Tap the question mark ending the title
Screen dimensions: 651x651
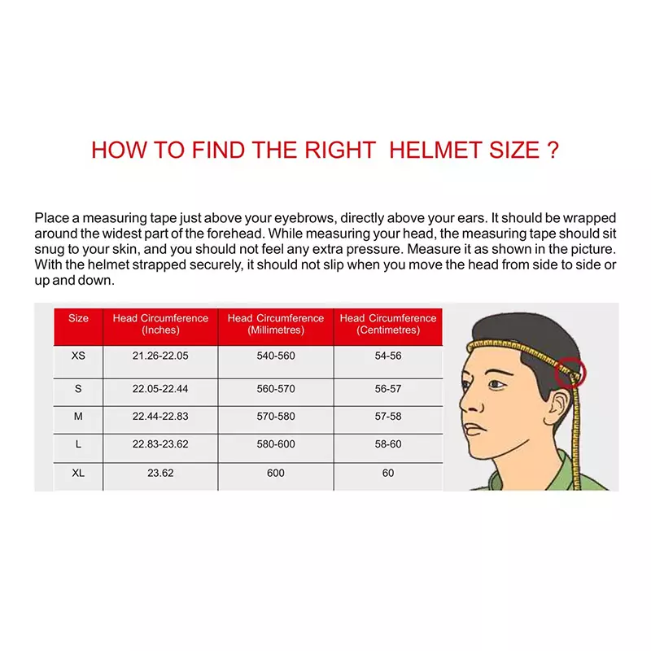coord(552,151)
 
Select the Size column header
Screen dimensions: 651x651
coord(78,318)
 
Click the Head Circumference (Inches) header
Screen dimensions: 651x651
coord(160,324)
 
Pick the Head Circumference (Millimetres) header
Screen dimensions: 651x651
coord(275,324)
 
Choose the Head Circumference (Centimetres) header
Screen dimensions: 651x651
coord(388,324)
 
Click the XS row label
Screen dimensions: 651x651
coord(78,356)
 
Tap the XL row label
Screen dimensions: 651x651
coord(78,473)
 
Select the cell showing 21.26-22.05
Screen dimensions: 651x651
coord(160,356)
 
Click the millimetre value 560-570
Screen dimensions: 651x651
coord(275,389)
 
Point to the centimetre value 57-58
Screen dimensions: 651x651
coord(388,417)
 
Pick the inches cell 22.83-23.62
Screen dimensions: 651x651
coord(160,444)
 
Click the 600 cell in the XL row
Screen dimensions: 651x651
coord(275,473)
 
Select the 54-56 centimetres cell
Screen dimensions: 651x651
coord(388,356)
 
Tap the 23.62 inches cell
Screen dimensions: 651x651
coord(160,473)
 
